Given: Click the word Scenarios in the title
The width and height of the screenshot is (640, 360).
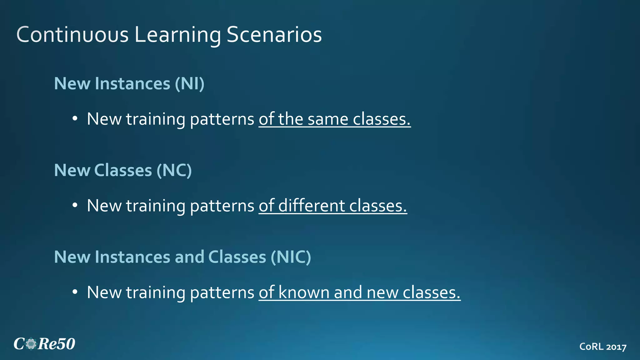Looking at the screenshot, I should tap(274, 34).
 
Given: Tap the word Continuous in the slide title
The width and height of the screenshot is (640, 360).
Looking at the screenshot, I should tap(72, 34).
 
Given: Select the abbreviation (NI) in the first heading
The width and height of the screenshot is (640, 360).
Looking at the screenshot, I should tap(189, 83).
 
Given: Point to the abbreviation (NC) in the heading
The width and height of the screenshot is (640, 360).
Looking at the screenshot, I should tap(174, 170).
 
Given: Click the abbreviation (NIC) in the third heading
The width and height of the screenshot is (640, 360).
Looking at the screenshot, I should tap(291, 257).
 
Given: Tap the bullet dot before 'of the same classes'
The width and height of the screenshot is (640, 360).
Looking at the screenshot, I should tap(74, 119).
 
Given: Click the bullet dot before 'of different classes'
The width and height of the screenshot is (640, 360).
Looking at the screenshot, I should tap(74, 206).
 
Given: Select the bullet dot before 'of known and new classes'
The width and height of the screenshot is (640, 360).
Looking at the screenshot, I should tap(74, 292).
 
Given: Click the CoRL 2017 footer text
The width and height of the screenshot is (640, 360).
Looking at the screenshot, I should tap(603, 347).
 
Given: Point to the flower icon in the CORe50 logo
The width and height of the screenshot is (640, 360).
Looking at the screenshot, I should tap(31, 344).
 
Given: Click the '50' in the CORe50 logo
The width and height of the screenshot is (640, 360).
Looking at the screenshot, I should tap(66, 344).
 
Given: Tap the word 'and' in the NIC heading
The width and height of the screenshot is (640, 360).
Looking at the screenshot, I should tap(189, 257).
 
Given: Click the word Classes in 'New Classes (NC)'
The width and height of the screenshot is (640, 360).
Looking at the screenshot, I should tap(123, 170).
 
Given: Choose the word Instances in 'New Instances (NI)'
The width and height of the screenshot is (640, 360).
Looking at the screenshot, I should tap(132, 83).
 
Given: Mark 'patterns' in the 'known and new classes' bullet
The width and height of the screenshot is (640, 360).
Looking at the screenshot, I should tap(222, 293).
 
